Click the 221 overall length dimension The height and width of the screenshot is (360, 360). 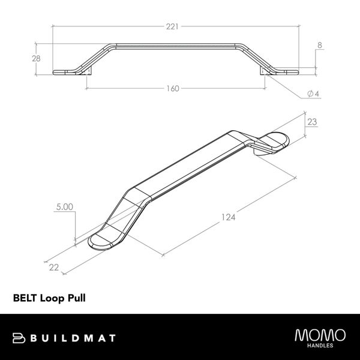173,26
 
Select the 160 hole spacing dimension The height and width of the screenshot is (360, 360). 173,89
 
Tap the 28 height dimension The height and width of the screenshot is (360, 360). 37,58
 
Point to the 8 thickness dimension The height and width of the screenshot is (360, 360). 320,45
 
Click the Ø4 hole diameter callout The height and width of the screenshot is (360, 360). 312,94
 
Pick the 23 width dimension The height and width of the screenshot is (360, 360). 311,121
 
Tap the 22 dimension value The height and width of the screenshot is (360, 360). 54,268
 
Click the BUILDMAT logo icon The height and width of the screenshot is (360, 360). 17,338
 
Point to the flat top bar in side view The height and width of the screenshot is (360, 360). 174,44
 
